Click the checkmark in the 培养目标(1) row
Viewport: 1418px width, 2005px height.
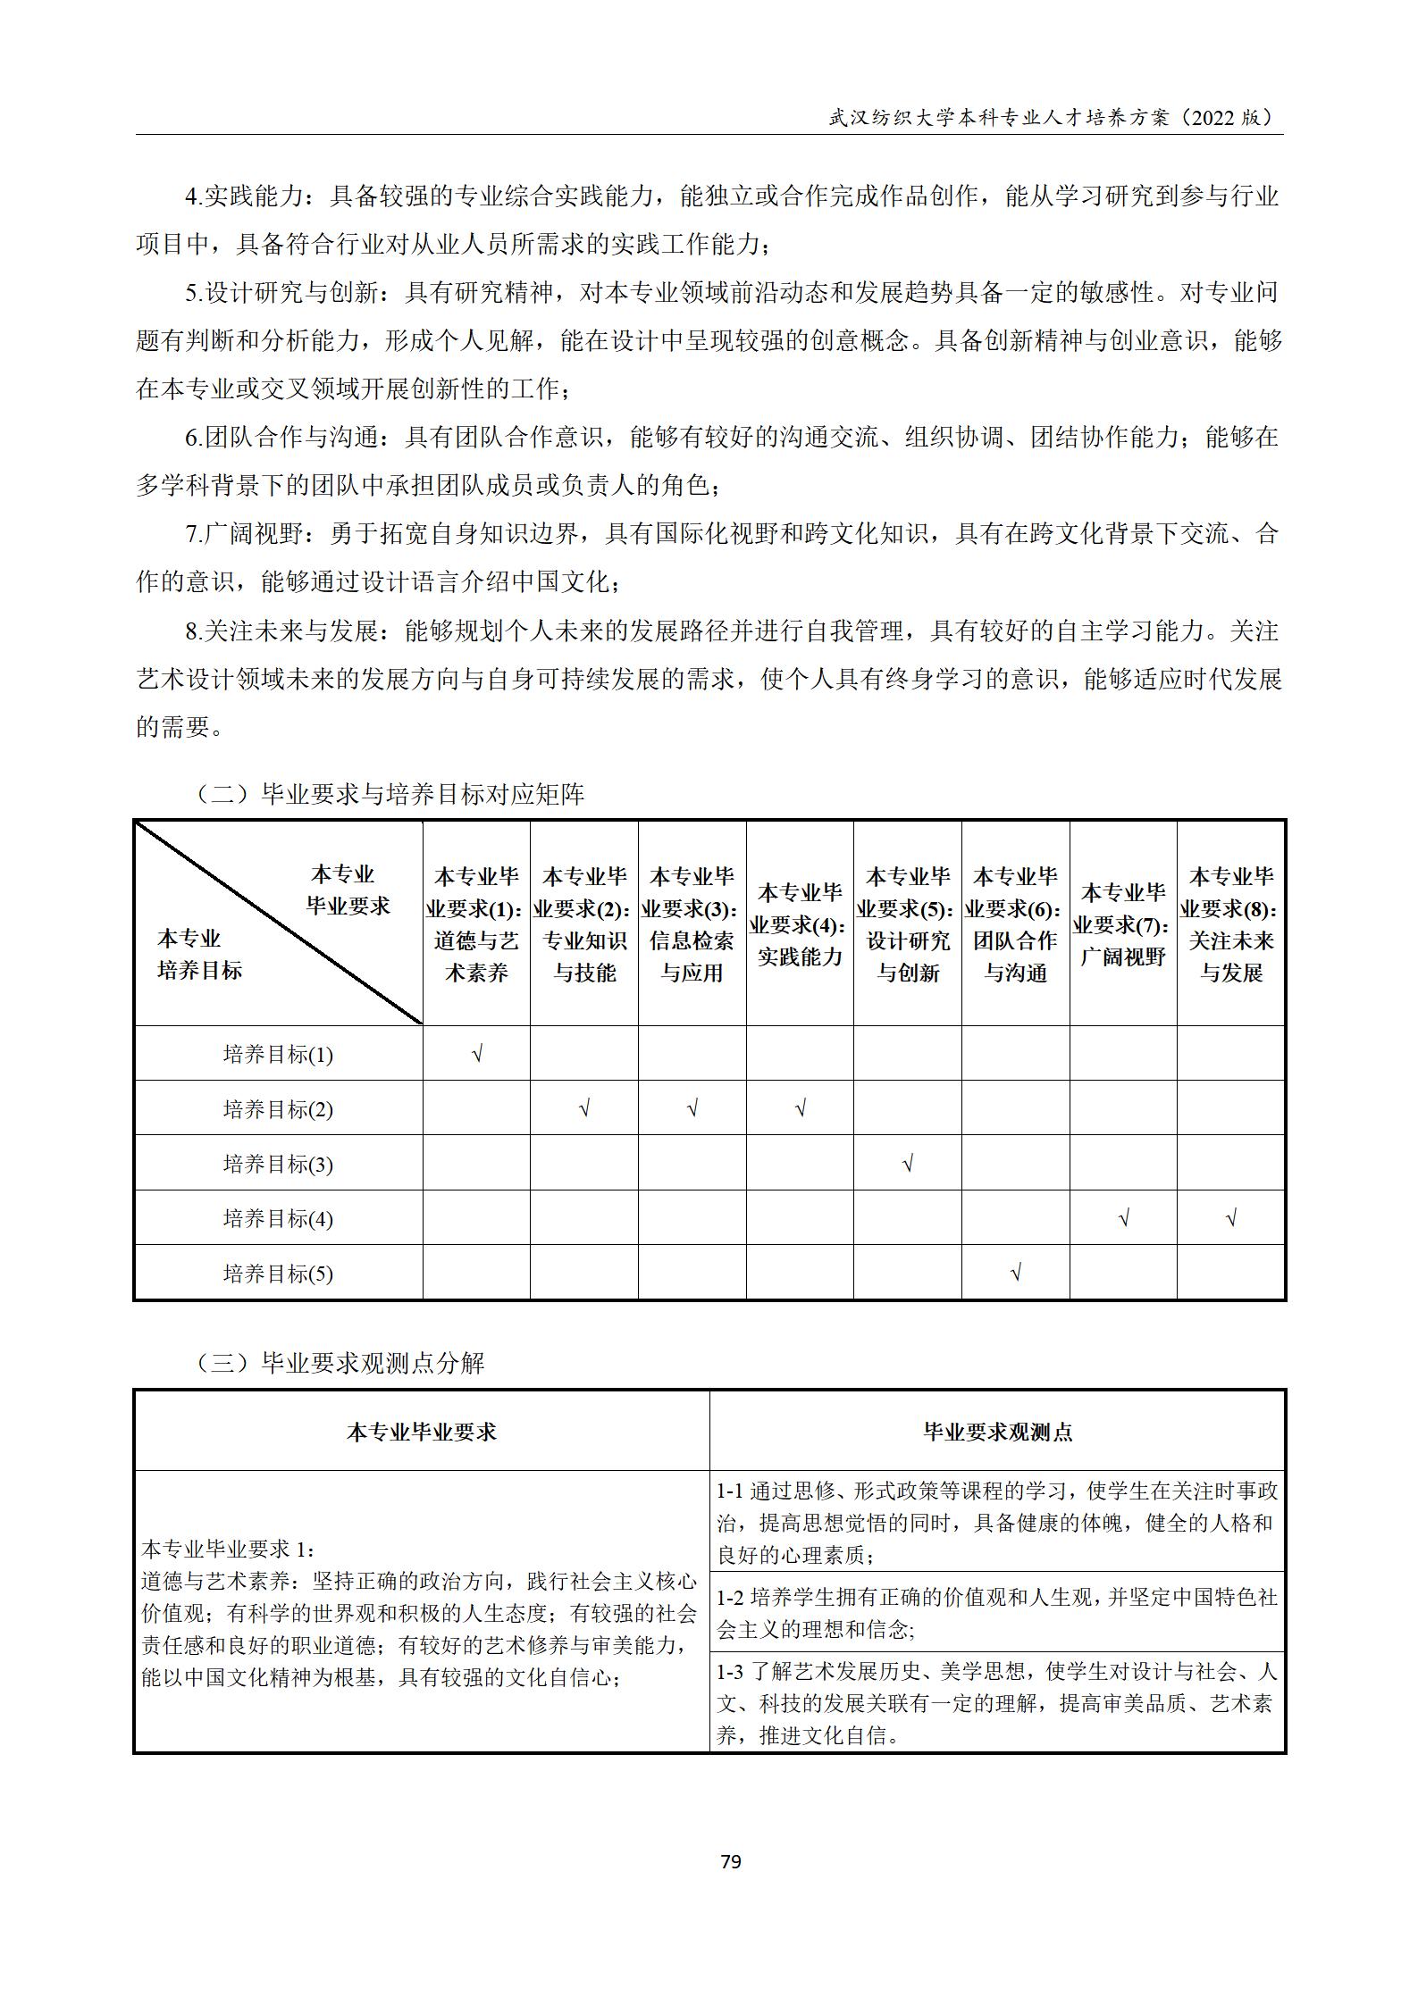(x=477, y=1054)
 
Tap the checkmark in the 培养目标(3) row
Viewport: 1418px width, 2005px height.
(x=908, y=1164)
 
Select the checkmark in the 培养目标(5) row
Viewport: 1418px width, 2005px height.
(x=1015, y=1273)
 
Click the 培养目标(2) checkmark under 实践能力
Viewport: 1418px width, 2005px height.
(x=800, y=1109)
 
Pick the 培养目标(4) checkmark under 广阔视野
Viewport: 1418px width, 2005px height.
(x=1123, y=1218)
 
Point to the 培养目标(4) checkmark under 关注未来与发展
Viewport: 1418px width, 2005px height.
(x=1231, y=1218)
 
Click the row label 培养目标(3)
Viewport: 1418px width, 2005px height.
(x=278, y=1165)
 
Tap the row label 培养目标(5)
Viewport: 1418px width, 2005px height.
(x=278, y=1274)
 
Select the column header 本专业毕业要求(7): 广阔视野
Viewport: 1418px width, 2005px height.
(x=1123, y=923)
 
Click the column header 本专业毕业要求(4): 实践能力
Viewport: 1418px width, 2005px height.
(x=800, y=923)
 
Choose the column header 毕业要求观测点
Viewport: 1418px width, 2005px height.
(x=997, y=1433)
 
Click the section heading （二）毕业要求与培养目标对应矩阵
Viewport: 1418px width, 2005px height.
(x=389, y=794)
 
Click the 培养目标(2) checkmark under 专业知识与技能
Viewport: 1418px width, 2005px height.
(x=584, y=1109)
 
